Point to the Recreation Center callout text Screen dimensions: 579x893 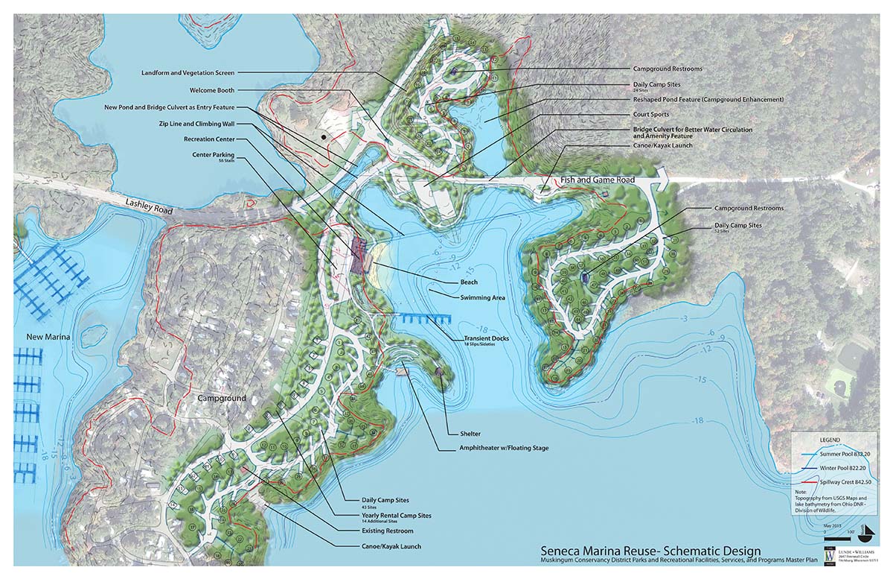point(208,139)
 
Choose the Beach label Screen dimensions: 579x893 point(469,282)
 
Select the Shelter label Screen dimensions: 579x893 point(464,434)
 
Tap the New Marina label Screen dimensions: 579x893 point(48,338)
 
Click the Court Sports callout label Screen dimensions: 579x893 point(650,114)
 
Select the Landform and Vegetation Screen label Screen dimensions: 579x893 point(188,73)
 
